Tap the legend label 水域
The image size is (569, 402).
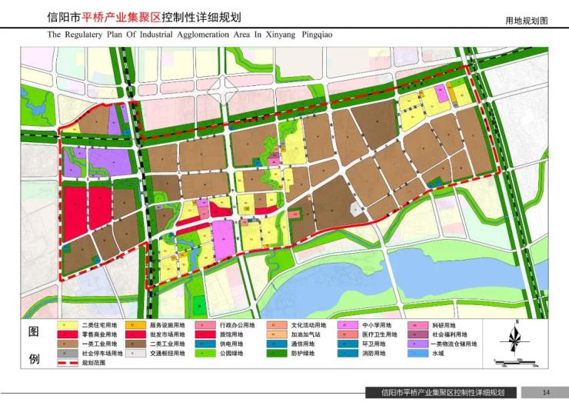(438, 354)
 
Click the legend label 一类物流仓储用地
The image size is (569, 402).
(452, 344)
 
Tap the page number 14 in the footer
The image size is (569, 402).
(545, 391)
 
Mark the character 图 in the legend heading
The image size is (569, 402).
(34, 332)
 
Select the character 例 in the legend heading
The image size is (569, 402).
(34, 358)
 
